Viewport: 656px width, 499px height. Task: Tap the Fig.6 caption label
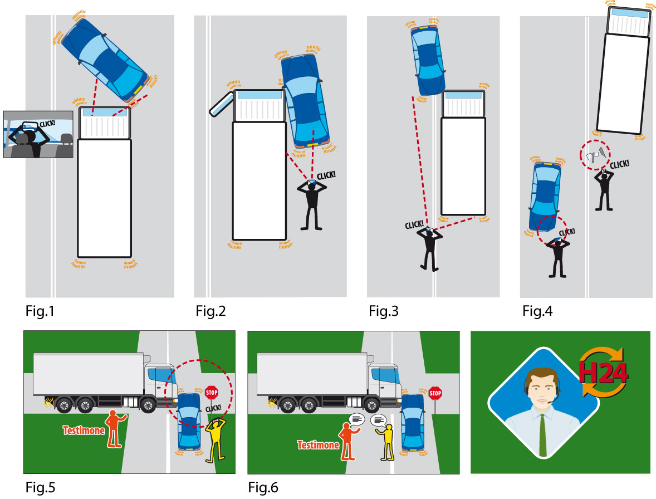(x=263, y=488)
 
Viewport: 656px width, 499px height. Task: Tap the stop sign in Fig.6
(x=435, y=394)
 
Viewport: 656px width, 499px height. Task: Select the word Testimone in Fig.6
(x=318, y=445)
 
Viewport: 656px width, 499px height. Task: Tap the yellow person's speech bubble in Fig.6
(x=379, y=420)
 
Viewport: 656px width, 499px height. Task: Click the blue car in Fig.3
(x=428, y=60)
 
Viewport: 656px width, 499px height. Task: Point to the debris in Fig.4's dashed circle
(x=595, y=154)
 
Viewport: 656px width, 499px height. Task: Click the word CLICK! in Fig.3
(x=414, y=224)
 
